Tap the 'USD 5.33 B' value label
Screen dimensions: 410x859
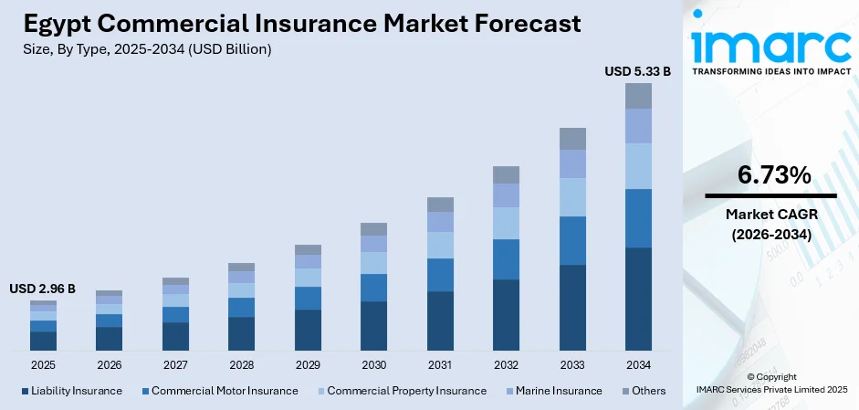tap(637, 70)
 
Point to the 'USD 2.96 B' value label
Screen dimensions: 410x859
tap(42, 289)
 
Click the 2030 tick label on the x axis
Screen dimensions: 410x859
tap(373, 365)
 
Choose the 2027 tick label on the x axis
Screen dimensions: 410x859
tap(175, 365)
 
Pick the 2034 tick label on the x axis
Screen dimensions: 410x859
tap(638, 365)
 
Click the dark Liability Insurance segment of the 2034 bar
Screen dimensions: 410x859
tap(638, 299)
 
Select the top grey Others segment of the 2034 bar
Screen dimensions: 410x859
tap(638, 96)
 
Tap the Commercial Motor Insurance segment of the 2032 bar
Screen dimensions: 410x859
tap(506, 259)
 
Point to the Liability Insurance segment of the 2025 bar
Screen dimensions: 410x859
tap(43, 341)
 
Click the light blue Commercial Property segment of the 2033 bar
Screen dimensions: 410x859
tap(572, 197)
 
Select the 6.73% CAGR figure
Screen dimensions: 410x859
tap(770, 175)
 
